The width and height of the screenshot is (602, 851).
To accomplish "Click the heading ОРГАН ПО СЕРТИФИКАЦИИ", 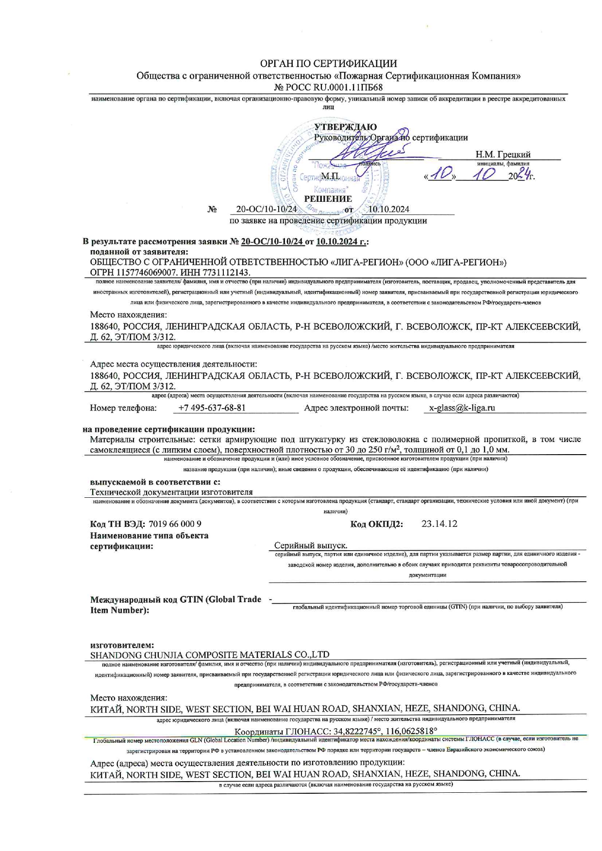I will point(328,64).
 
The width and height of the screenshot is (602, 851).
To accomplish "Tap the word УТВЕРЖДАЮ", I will point(345,127).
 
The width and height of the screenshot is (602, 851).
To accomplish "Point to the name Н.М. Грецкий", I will point(502,154).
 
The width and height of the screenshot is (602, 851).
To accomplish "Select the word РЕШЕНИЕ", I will point(328,199).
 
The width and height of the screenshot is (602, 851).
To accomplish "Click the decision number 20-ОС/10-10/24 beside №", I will point(266,209).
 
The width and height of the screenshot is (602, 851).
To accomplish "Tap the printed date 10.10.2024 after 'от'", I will point(388,209).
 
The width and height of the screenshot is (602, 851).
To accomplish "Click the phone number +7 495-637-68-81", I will point(212,408).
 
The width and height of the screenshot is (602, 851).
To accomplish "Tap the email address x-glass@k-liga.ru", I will point(462,408).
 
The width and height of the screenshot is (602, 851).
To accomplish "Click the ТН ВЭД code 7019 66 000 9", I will point(175,524).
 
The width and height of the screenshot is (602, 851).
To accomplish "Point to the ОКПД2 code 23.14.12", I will point(439,524).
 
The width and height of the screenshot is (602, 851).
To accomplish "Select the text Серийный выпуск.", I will point(310,545).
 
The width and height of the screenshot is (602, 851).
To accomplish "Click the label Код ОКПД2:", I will point(376,524).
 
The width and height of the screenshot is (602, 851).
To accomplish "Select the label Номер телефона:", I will point(123,408).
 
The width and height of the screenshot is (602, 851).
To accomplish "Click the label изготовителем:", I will point(122,645).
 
